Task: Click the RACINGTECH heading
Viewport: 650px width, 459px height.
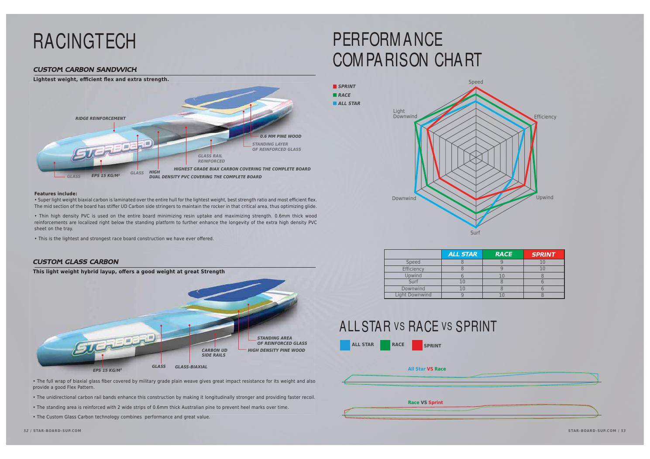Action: (85, 41)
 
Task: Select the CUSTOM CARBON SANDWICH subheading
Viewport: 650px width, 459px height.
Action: (85, 69)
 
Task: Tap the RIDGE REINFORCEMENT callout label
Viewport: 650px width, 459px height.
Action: (100, 118)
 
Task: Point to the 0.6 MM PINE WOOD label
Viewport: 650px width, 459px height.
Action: (280, 136)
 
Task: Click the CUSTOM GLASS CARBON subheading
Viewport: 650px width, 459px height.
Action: (76, 262)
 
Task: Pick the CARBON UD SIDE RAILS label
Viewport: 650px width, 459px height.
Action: (214, 353)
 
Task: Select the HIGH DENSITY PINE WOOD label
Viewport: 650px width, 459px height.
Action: (276, 350)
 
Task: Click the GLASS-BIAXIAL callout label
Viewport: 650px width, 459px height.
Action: (191, 367)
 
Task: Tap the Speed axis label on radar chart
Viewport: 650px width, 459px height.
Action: (475, 82)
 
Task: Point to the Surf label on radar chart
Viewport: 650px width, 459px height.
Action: (475, 233)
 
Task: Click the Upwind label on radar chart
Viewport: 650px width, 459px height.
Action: (544, 197)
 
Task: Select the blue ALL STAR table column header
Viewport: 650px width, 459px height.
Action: (462, 254)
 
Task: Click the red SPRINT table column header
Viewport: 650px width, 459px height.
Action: (543, 254)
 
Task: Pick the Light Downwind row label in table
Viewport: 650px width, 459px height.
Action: (413, 295)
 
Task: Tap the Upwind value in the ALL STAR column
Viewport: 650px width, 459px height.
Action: (462, 275)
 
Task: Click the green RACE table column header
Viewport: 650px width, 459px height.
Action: (503, 254)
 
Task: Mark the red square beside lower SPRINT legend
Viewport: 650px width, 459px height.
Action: (417, 345)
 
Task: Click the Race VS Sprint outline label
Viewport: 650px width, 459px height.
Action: (425, 402)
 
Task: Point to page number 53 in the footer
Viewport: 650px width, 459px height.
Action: (623, 431)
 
